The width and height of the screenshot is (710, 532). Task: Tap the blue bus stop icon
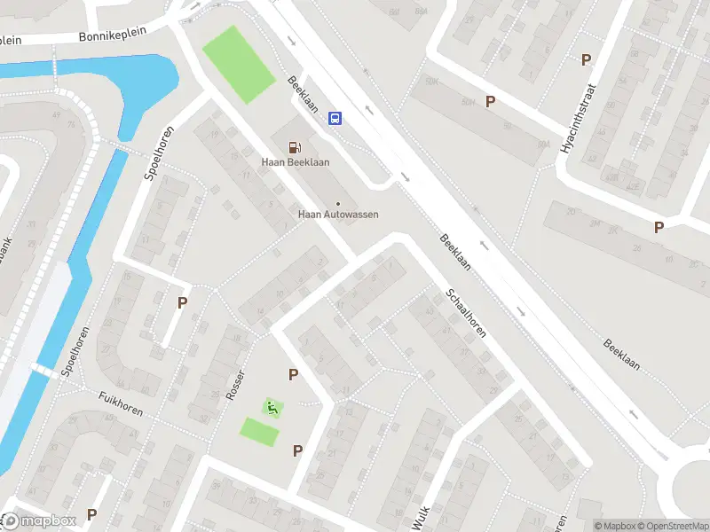tap(335, 118)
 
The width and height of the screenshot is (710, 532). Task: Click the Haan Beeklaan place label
tap(295, 162)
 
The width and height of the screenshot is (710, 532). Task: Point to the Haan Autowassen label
tap(338, 215)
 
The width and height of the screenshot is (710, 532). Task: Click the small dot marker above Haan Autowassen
tap(338, 204)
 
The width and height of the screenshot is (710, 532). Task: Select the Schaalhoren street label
tap(466, 313)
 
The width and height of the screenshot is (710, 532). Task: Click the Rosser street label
tap(235, 383)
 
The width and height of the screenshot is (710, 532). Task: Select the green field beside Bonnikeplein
tap(239, 64)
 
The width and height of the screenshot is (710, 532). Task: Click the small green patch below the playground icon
tap(259, 432)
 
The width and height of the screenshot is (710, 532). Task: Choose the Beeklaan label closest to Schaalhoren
tap(455, 253)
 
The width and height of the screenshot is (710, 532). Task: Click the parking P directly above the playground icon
tap(293, 375)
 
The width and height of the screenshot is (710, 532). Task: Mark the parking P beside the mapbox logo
tap(91, 514)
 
